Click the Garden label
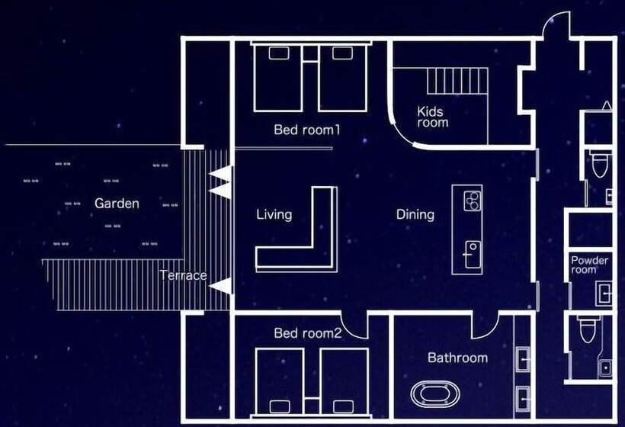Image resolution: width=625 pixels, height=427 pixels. (117, 204)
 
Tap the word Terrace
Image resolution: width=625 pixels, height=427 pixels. (184, 275)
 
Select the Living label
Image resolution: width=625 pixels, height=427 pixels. (274, 215)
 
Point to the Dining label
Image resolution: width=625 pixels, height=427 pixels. (415, 214)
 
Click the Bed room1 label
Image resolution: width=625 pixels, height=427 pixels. (307, 130)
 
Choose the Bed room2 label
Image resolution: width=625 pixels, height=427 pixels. (308, 333)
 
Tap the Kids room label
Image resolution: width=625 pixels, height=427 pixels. (432, 117)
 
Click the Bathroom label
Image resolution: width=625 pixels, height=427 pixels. (457, 358)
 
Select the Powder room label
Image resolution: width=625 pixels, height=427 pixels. (589, 265)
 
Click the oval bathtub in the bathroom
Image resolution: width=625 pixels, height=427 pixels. (435, 394)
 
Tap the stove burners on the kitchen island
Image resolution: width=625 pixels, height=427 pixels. (473, 201)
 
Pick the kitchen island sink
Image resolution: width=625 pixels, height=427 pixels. (473, 255)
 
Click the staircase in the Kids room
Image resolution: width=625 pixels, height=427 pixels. (457, 81)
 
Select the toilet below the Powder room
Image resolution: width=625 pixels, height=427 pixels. (588, 329)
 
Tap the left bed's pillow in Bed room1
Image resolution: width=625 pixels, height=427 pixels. (279, 53)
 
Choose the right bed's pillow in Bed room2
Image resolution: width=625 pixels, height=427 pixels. (344, 406)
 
